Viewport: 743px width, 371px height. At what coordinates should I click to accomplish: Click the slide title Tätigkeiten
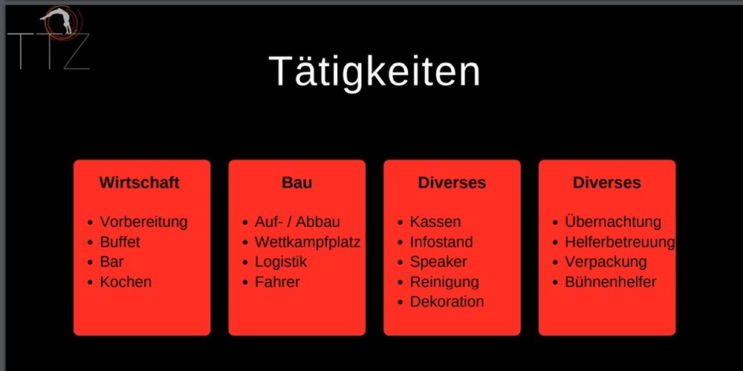point(374,71)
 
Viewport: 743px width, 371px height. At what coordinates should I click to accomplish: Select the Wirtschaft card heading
point(140,183)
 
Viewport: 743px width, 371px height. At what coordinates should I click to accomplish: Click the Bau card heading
point(297,183)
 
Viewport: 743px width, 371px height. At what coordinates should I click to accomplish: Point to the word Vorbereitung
point(143,222)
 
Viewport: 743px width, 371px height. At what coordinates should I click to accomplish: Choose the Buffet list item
point(120,242)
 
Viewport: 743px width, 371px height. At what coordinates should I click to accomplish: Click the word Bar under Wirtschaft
point(112,262)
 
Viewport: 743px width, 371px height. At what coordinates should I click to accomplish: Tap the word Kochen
point(126,282)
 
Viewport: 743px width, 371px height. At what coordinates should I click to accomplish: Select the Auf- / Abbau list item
point(297,222)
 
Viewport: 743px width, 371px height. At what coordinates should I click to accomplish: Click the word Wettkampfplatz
point(308,242)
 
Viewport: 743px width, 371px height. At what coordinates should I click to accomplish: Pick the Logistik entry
point(281,262)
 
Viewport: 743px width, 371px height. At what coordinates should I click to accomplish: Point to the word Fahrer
point(277,282)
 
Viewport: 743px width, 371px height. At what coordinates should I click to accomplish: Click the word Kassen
point(435,222)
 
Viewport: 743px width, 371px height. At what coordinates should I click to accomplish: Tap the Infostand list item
point(441,242)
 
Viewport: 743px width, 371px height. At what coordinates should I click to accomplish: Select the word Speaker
point(438,262)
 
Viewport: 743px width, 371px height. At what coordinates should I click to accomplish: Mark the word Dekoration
point(447,302)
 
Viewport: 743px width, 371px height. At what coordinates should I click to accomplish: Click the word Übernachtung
point(613,221)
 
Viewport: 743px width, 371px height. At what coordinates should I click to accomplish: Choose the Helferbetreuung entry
point(620,242)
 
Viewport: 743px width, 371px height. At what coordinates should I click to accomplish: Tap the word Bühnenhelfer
point(610,282)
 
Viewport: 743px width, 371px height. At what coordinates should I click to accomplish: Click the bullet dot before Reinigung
point(400,283)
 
